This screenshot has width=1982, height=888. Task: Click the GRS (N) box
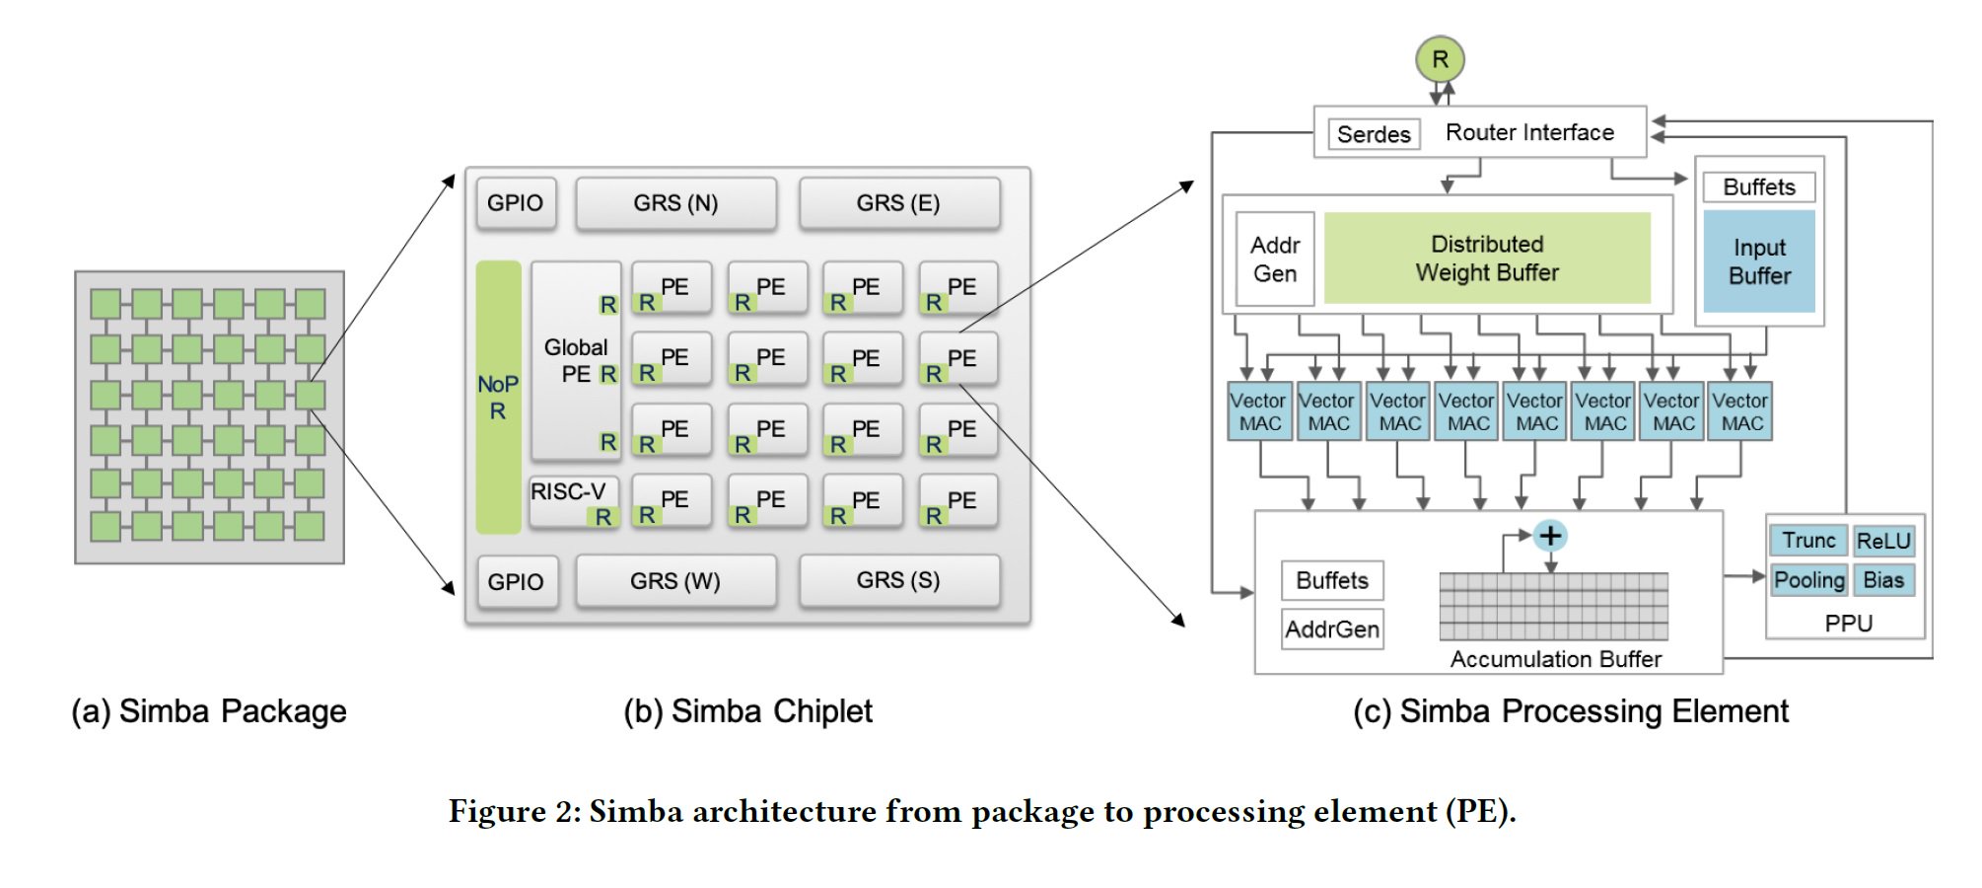675,203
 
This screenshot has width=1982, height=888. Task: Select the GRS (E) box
898,203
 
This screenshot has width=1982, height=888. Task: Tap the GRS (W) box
675,581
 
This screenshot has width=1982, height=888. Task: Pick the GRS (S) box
898,580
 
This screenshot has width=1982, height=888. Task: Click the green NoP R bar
498,397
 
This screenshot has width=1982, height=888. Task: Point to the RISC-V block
573,501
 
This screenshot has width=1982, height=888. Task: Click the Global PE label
576,361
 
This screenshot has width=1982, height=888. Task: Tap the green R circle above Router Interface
1440,59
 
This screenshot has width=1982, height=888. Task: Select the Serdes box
1374,134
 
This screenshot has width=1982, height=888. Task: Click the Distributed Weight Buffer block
1487,259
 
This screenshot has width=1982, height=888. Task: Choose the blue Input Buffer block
1759,261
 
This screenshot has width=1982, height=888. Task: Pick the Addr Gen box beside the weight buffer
1275,259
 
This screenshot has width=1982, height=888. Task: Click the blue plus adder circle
1550,536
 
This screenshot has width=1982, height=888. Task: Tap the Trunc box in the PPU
1808,541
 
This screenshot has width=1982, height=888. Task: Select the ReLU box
1883,541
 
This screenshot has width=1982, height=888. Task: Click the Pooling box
1808,580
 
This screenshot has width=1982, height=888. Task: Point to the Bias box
1883,580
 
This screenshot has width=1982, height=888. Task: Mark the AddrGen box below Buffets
1332,629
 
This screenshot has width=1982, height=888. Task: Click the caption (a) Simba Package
209,711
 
